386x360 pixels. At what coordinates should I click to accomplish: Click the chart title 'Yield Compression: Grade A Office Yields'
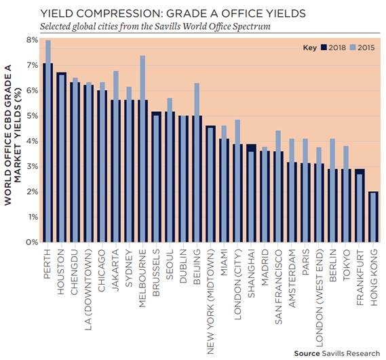173,14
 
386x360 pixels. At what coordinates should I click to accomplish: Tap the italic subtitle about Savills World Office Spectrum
155,26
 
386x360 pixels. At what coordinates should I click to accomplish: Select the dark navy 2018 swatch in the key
324,47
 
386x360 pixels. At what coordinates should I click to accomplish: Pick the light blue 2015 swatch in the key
353,47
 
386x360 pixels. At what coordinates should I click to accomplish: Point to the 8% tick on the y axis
33,40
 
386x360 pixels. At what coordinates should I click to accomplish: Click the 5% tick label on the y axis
33,116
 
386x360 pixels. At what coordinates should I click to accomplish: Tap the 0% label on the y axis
33,242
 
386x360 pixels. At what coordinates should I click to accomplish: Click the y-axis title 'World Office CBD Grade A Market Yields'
13,135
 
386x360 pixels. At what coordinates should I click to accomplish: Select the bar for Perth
48,141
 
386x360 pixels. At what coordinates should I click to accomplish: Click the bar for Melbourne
142,149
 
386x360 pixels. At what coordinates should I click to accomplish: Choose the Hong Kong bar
373,217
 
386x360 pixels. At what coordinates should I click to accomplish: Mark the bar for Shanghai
252,193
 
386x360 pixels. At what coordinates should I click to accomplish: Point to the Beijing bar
197,163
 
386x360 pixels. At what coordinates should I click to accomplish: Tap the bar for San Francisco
278,186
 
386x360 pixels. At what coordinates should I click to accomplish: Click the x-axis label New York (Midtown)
210,302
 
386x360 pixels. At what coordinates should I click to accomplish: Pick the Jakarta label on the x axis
115,270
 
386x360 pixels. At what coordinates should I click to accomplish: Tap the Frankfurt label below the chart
360,277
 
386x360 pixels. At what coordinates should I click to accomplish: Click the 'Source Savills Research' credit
337,354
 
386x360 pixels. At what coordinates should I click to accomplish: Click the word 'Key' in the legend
310,47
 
